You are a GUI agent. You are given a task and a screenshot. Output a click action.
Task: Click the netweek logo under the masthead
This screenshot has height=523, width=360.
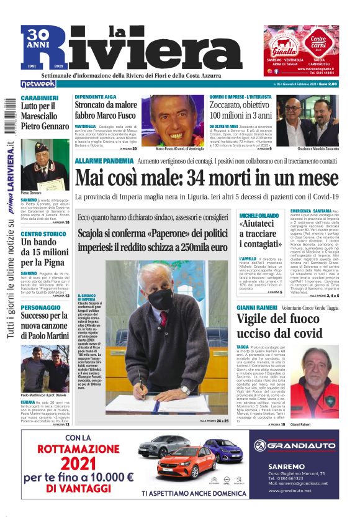click(x=38, y=83)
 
